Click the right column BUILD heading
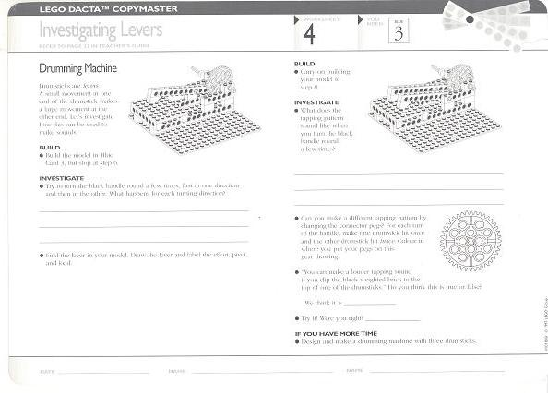(x=304, y=65)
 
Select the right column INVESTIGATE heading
(x=317, y=102)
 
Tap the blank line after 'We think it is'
(x=369, y=304)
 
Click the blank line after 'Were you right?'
(x=392, y=319)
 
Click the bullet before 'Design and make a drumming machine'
(x=297, y=341)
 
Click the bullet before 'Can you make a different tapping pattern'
(x=297, y=219)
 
